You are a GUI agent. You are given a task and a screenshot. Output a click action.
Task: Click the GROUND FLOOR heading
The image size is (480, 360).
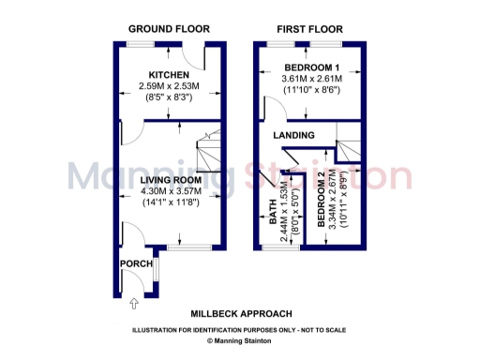tap(169, 29)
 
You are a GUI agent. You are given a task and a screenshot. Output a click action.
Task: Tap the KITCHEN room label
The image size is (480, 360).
tap(169, 75)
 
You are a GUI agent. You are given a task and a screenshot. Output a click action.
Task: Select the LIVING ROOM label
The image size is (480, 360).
tap(168, 179)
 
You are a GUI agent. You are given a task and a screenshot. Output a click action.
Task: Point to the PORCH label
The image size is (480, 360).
tap(129, 263)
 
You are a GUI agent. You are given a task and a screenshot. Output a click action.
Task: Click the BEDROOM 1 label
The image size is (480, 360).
tap(312, 67)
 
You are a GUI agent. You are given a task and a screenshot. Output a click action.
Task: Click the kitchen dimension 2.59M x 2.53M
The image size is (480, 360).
tap(169, 85)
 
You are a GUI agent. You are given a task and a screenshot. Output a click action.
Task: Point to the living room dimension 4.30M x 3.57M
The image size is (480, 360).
tap(168, 190)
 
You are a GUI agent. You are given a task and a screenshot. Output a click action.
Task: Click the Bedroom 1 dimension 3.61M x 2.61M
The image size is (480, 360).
tap(312, 79)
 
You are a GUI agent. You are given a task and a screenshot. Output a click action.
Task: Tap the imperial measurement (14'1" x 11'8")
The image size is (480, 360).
tap(168, 201)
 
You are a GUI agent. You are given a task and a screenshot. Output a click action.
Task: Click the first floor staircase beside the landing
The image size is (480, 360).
tap(350, 150)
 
